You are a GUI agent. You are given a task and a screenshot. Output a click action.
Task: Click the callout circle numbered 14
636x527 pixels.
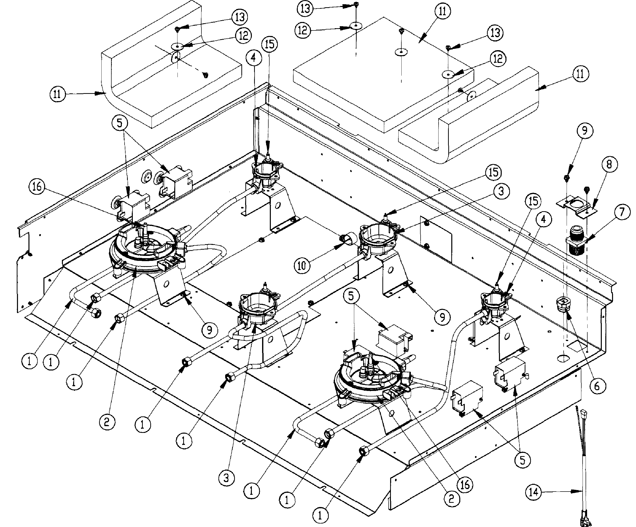tap(534, 492)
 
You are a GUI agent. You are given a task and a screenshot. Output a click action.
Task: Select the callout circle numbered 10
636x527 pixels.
tap(302, 266)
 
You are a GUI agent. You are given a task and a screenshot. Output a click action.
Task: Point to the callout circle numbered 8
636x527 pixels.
tap(609, 164)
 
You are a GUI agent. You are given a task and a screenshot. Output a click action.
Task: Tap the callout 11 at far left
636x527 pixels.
tap(57, 94)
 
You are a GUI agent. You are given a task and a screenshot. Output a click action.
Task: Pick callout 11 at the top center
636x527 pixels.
tap(443, 11)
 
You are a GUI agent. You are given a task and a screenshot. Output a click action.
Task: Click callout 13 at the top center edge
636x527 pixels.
tap(305, 8)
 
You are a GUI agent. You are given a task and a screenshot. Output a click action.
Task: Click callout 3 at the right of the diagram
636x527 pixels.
tap(501, 191)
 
